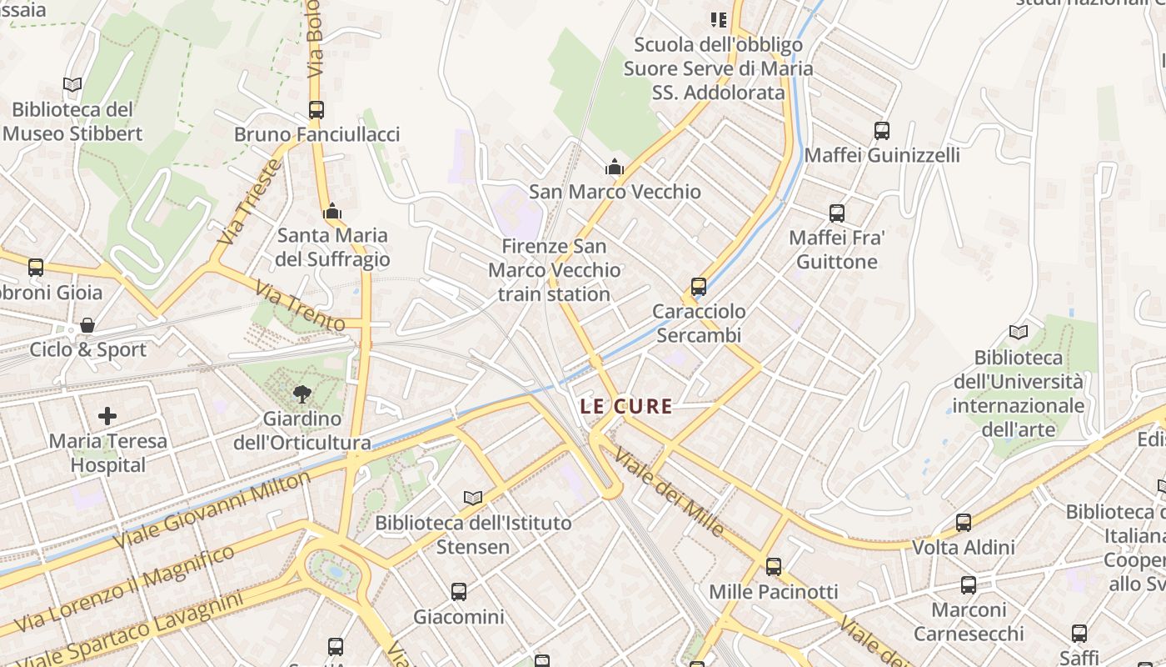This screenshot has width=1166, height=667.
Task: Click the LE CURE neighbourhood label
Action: pyautogui.click(x=626, y=407)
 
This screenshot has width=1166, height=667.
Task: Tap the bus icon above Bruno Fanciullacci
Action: pyautogui.click(x=316, y=109)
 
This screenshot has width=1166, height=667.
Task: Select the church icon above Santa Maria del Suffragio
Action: pyautogui.click(x=332, y=211)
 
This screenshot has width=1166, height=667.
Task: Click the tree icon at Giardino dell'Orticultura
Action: pyautogui.click(x=301, y=394)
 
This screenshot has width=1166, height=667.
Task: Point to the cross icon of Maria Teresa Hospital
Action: pyautogui.click(x=107, y=415)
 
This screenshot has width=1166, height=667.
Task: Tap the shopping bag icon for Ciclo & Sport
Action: pyautogui.click(x=87, y=324)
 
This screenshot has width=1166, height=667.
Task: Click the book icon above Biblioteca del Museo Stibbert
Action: pyautogui.click(x=72, y=84)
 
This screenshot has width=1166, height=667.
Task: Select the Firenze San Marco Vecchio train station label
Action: pyautogui.click(x=554, y=270)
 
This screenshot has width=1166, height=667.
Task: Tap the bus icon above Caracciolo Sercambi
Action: pyautogui.click(x=698, y=287)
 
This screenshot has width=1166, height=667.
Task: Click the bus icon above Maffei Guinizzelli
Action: pyautogui.click(x=882, y=131)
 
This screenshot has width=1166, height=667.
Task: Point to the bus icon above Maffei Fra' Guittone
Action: pyautogui.click(x=837, y=213)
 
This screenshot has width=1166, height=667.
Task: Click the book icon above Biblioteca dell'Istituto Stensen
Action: pyautogui.click(x=472, y=498)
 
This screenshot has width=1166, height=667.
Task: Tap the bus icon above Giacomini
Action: pyautogui.click(x=459, y=592)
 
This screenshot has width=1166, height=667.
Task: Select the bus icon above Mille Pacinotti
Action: pyautogui.click(x=774, y=567)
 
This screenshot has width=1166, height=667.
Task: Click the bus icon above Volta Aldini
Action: pyautogui.click(x=964, y=523)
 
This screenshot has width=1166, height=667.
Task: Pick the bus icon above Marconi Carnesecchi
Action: pyautogui.click(x=968, y=584)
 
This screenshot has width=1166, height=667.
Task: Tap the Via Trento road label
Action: pyautogui.click(x=300, y=306)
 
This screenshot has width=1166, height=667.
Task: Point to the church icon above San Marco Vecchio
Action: pyautogui.click(x=615, y=167)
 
